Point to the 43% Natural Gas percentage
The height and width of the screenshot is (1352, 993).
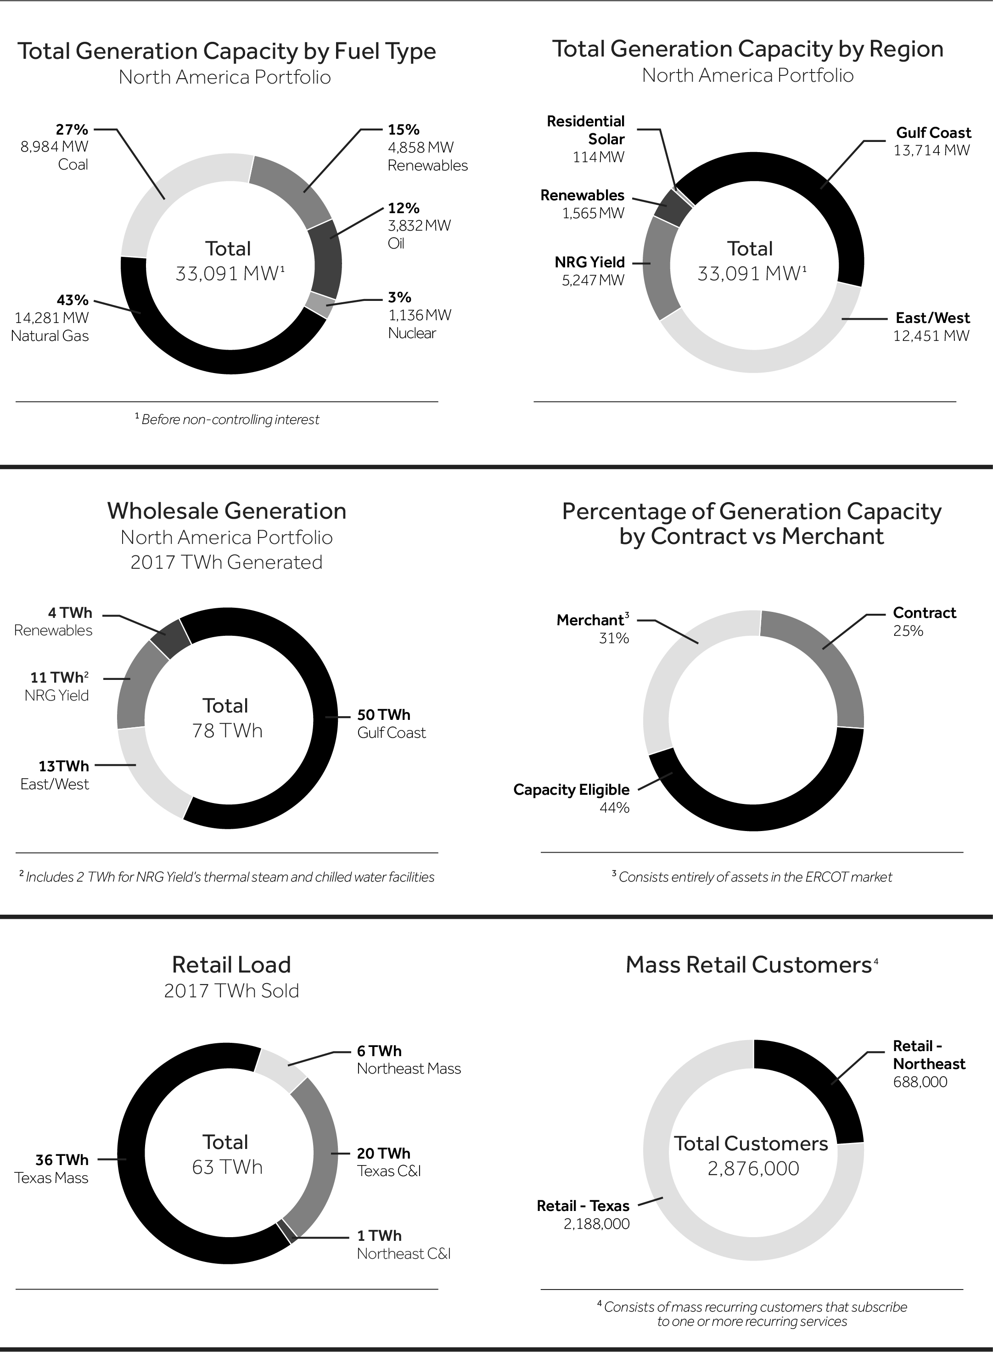pyautogui.click(x=72, y=300)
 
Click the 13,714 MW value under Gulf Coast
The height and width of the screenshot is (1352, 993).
pyautogui.click(x=931, y=150)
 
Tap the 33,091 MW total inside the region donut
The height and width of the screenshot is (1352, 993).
pyautogui.click(x=751, y=274)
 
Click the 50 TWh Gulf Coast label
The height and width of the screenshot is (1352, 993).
pyautogui.click(x=391, y=724)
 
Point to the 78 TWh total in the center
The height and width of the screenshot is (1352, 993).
pyautogui.click(x=227, y=731)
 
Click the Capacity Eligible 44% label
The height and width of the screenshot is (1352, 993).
pyautogui.click(x=571, y=798)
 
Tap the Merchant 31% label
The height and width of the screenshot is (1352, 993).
pyautogui.click(x=593, y=628)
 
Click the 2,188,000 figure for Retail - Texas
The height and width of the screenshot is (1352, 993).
pyautogui.click(x=596, y=1224)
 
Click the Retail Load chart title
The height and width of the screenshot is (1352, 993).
pyautogui.click(x=231, y=964)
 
